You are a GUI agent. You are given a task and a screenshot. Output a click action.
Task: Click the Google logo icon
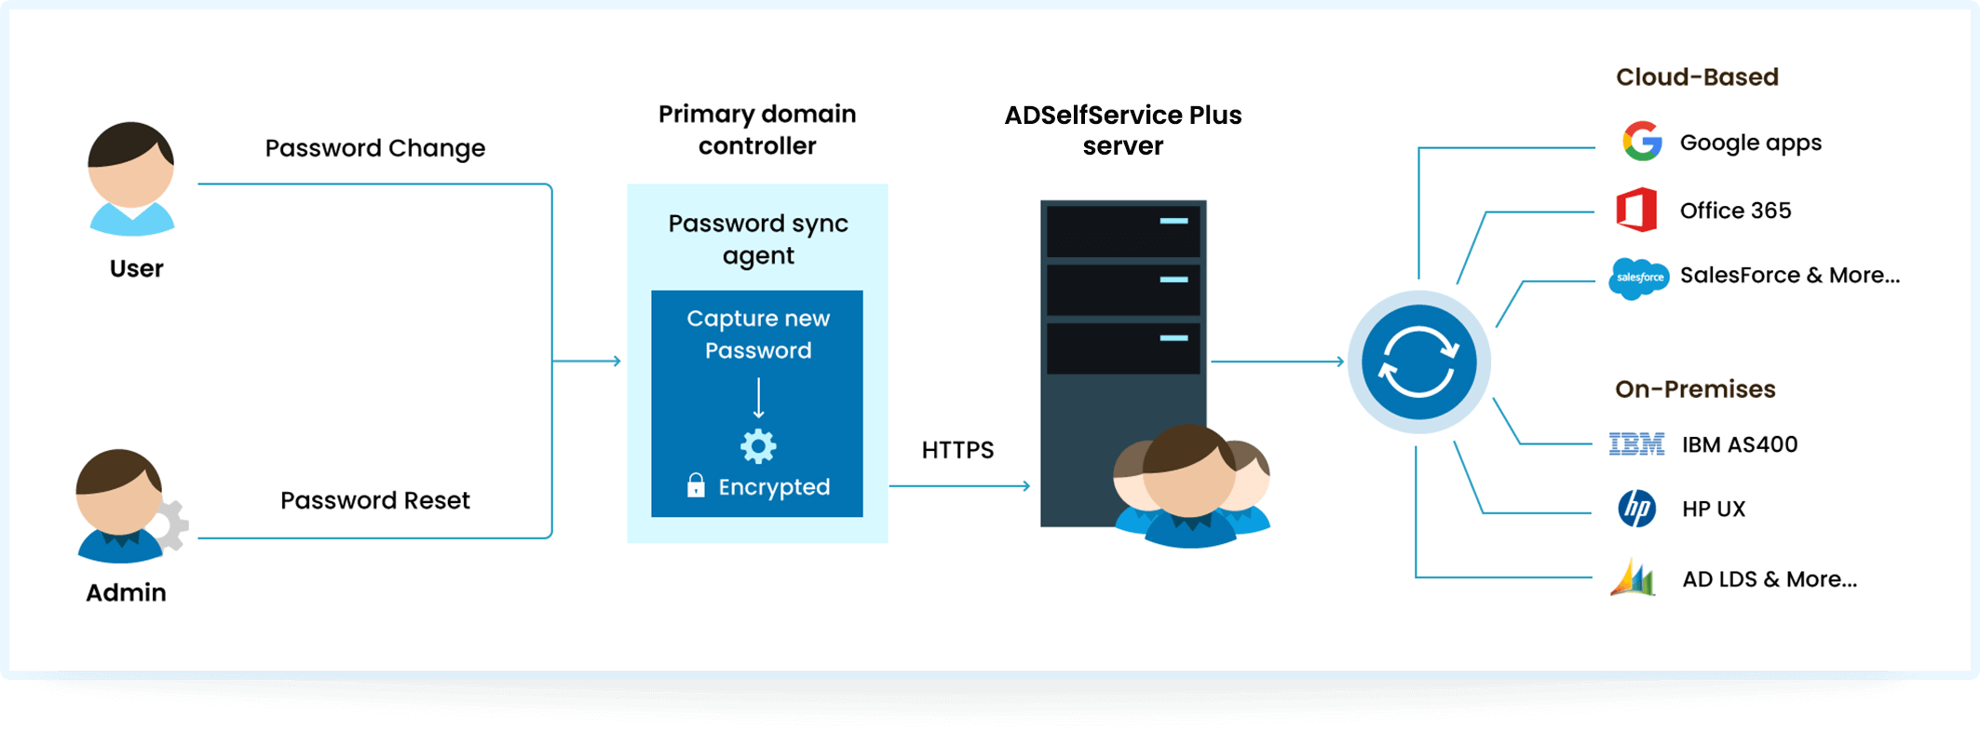[1642, 142]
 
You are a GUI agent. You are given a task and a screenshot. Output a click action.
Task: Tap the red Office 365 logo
[1636, 210]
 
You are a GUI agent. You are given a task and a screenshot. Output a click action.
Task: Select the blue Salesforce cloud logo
[1639, 278]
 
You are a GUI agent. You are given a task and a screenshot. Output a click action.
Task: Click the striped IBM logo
[1636, 444]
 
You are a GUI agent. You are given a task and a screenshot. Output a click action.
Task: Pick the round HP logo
[1636, 509]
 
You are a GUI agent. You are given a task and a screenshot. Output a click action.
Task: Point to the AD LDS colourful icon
[1633, 579]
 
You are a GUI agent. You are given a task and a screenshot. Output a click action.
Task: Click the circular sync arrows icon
[1418, 361]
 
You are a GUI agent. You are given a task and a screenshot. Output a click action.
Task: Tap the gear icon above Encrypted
[758, 446]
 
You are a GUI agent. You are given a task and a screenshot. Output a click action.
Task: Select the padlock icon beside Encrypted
[696, 485]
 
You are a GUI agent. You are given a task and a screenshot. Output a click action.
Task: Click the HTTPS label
[957, 450]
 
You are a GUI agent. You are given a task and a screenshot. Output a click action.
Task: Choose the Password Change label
[374, 148]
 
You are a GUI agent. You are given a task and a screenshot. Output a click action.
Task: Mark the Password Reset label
[374, 500]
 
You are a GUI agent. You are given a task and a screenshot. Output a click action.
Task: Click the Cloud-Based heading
[1697, 77]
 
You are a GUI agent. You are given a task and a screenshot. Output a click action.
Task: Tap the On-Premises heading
[1695, 389]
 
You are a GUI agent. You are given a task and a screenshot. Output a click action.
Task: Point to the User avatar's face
[131, 182]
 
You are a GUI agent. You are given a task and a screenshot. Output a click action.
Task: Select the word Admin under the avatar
[126, 593]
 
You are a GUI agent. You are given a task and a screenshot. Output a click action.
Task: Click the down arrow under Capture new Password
[759, 399]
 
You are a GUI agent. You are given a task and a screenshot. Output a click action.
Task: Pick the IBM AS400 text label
[1739, 444]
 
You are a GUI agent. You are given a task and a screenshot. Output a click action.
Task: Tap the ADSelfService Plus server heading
[1122, 130]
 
